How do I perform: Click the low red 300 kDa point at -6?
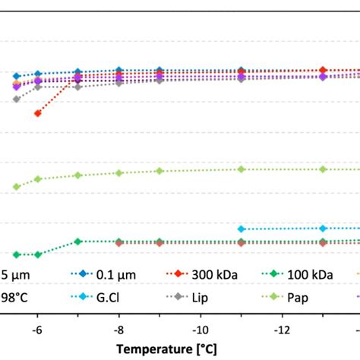(37, 113)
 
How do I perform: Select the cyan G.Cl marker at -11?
(241, 229)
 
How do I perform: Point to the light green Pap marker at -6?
(37, 179)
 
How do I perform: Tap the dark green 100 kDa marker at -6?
(37, 254)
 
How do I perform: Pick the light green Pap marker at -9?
(159, 171)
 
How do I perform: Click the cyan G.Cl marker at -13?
(323, 228)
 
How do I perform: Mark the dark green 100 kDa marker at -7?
(77, 242)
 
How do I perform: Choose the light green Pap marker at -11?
(241, 169)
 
